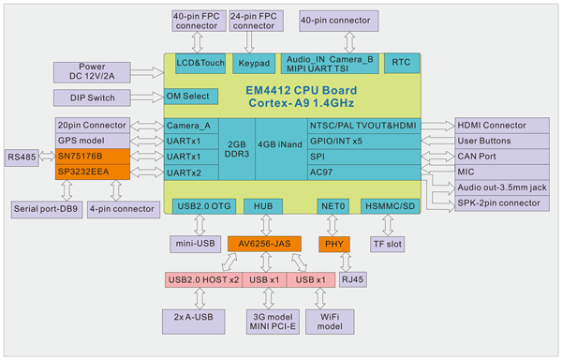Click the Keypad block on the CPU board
254,64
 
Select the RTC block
402,64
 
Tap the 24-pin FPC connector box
254,20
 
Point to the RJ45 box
352,277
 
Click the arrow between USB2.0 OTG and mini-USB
200,225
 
